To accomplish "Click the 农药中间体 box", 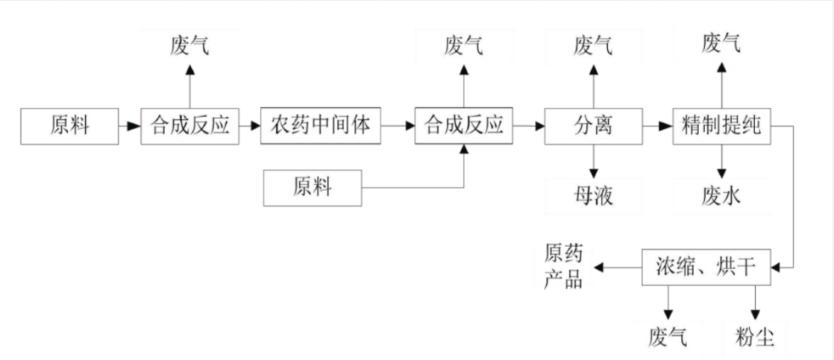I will pos(320,127).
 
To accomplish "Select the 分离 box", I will pos(592,127).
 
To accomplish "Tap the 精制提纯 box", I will pos(721,127).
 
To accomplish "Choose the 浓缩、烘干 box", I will pos(707,267).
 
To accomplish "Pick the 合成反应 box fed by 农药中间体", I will pos(464,127).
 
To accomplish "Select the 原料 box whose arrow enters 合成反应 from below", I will pos(312,188).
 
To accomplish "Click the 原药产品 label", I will pos(563,267).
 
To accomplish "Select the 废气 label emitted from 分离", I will pos(592,44).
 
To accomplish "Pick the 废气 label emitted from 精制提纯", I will pos(721,43).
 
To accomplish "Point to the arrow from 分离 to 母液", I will pos(592,160).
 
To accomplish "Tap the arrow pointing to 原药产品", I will pos(617,267).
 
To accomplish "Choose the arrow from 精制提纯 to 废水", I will pos(721,160).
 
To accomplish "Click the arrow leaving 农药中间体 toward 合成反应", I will pos(397,127).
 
